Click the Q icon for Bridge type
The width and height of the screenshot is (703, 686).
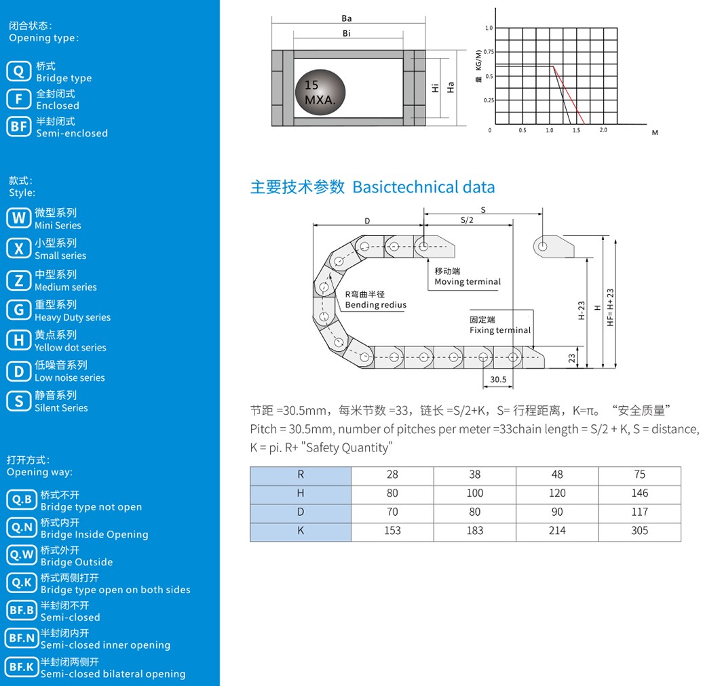tap(19, 71)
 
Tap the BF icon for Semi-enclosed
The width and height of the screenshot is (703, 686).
tap(19, 127)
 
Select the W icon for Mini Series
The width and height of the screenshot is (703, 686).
tap(19, 218)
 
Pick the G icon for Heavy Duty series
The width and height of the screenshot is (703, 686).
tap(19, 310)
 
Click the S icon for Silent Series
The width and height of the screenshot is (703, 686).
tap(19, 401)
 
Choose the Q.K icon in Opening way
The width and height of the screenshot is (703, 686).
tap(22, 582)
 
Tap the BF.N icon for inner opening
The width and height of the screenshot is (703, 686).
tap(22, 638)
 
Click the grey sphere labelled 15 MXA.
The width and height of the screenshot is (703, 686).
tap(320, 92)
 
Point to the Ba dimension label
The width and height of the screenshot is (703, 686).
tap(347, 18)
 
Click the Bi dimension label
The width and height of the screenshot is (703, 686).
tap(347, 33)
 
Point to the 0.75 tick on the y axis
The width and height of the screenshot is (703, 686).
tap(489, 52)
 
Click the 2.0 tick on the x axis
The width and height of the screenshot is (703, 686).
tap(603, 130)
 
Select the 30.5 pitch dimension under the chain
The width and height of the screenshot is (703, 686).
tap(498, 380)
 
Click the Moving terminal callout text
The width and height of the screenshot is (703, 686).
tap(468, 282)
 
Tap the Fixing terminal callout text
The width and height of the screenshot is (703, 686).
tap(500, 330)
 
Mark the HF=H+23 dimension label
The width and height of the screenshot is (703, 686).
tap(610, 307)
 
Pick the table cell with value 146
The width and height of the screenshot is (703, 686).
tap(640, 493)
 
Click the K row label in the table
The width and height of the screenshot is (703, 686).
tap(301, 531)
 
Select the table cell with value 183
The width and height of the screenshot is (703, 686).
tap(475, 531)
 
